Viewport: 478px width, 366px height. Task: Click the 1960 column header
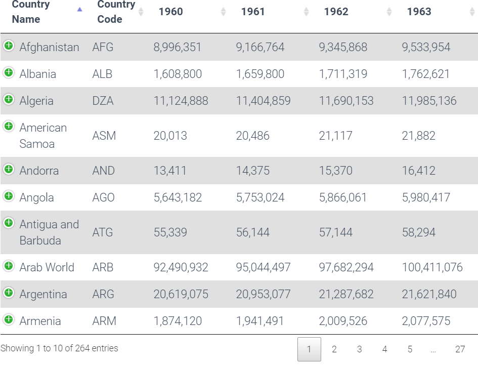[170, 12]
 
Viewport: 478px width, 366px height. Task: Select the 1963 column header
[419, 12]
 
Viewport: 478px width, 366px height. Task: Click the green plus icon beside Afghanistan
[9, 46]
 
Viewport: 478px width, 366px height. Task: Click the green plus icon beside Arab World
[9, 266]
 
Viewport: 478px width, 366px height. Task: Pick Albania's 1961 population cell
[260, 74]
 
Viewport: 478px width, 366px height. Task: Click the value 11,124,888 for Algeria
[181, 101]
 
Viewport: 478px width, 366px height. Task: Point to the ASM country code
[104, 136]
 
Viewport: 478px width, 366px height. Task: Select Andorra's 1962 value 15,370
[335, 171]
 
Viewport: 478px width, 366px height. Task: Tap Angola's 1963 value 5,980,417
[426, 197]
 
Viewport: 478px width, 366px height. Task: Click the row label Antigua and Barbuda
[49, 232]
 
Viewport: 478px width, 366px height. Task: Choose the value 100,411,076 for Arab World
[432, 267]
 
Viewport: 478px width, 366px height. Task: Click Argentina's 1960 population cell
[181, 294]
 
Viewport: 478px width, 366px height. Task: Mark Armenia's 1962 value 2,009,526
[343, 321]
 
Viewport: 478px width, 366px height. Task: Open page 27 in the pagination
[460, 349]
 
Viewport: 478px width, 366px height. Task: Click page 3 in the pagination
[359, 349]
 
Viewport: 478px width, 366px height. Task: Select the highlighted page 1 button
[309, 349]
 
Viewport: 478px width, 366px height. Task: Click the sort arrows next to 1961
[306, 12]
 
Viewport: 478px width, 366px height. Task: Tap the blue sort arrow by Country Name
[79, 9]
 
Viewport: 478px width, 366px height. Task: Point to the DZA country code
[103, 101]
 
